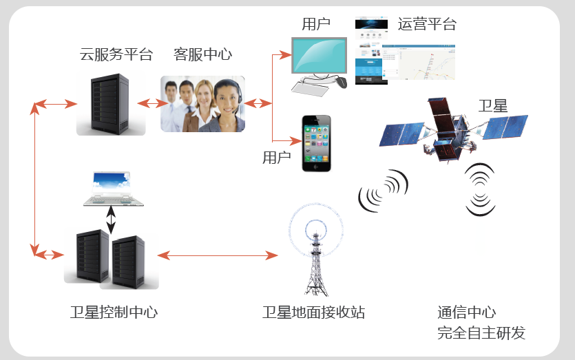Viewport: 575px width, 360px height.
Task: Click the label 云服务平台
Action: [116, 54]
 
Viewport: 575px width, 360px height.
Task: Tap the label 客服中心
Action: [202, 54]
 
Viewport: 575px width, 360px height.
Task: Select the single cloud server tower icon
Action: [111, 104]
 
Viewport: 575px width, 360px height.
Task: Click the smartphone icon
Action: [317, 143]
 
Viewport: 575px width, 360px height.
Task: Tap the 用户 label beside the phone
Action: [277, 158]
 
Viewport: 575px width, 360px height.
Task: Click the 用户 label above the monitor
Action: [316, 24]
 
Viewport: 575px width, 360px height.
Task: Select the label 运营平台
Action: [427, 24]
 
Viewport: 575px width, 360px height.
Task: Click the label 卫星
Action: [493, 105]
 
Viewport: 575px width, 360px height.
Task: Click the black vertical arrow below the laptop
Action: [111, 220]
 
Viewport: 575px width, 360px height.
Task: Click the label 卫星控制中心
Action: [114, 313]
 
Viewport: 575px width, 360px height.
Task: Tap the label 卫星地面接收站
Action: [313, 313]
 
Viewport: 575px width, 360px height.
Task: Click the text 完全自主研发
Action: [481, 333]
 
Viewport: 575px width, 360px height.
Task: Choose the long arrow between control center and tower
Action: [217, 255]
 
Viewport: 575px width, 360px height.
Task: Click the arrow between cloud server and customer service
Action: [153, 104]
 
